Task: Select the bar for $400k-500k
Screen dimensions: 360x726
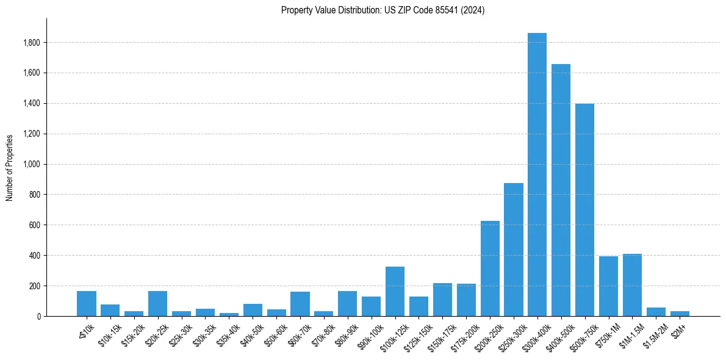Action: coord(561,190)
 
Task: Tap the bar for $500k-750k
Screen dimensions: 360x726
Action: coord(584,210)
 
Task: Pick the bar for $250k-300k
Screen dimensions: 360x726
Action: coord(513,250)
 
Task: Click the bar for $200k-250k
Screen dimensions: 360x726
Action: coord(490,268)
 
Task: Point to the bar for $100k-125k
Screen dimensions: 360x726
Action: coord(395,292)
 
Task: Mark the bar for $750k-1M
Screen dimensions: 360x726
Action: coord(608,286)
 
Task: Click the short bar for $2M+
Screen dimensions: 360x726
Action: coord(680,314)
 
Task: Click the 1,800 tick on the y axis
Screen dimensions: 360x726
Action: coord(32,43)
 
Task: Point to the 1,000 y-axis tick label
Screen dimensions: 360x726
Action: coord(32,164)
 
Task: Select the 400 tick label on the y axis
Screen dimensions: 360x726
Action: coord(35,256)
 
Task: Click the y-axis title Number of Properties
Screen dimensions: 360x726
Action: coord(9,168)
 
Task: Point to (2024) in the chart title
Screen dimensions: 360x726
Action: coord(473,10)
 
